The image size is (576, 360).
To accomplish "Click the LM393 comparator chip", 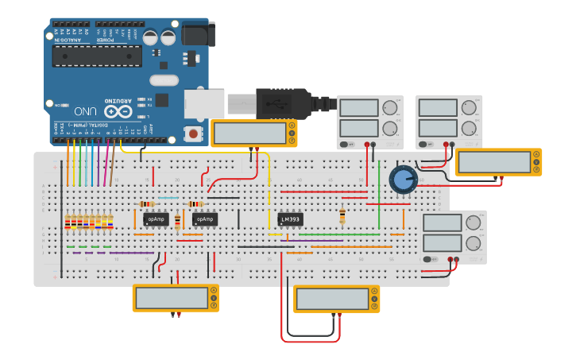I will pyautogui.click(x=291, y=219).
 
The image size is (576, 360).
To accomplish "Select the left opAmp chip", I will pyautogui.click(x=156, y=219).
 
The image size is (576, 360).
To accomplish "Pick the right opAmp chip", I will pyautogui.click(x=204, y=219).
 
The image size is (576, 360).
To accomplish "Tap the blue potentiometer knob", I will pyautogui.click(x=403, y=179).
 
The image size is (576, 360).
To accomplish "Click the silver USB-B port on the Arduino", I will pyautogui.click(x=204, y=103).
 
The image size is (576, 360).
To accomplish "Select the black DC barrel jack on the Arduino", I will pyautogui.click(x=198, y=34).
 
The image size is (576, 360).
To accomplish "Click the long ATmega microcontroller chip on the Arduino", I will pyautogui.click(x=97, y=56).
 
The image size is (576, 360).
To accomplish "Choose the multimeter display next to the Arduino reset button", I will pyautogui.click(x=250, y=133).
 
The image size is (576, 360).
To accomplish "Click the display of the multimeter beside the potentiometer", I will pyautogui.click(x=493, y=161).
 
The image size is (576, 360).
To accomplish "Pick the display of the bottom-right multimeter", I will pyautogui.click(x=333, y=299).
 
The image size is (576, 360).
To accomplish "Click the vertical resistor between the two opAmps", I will pyautogui.click(x=177, y=220).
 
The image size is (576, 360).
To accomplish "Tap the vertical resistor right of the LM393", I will pyautogui.click(x=342, y=215).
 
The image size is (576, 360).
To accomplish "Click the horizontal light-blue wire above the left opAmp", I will pyautogui.click(x=168, y=198).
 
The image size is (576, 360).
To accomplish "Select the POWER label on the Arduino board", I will pyautogui.click(x=105, y=39).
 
